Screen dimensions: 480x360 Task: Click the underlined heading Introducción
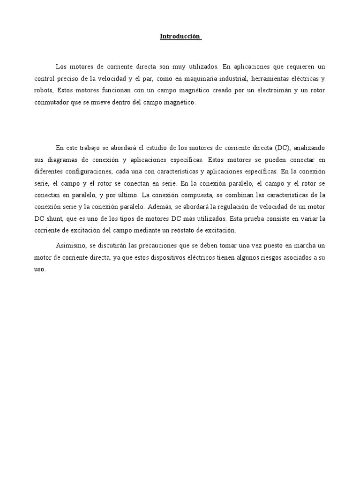click(180, 36)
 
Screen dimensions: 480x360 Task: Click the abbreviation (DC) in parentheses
click(283, 148)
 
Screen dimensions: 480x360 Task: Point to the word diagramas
click(64, 159)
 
